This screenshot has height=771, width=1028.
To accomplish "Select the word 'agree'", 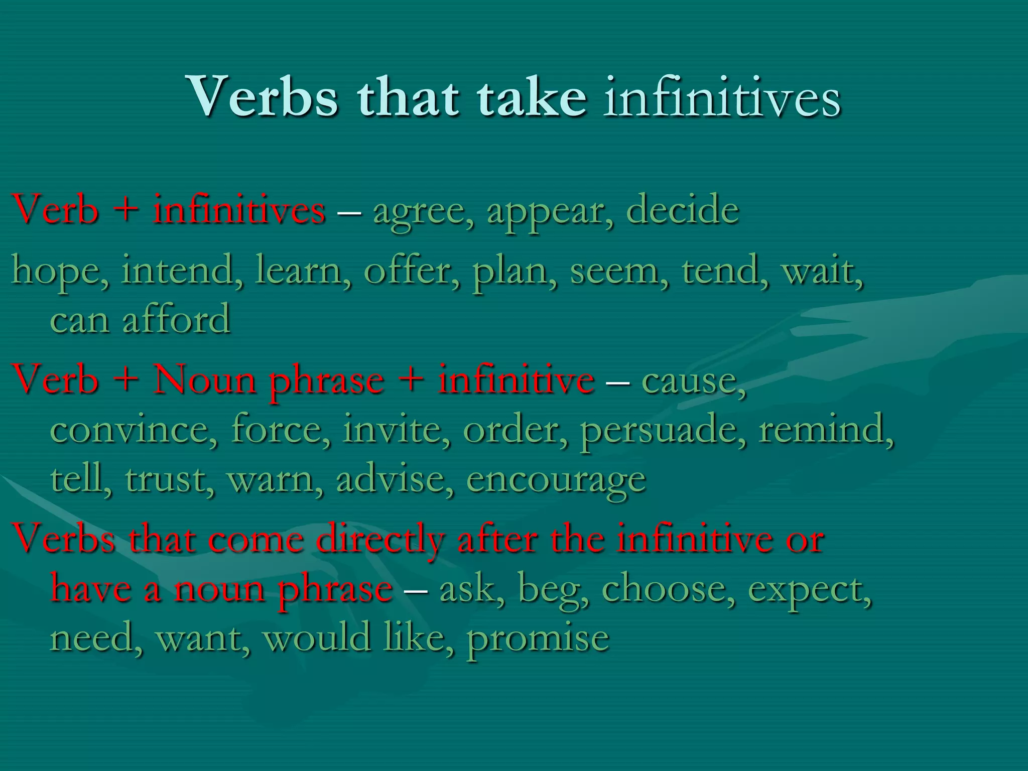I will [421, 211].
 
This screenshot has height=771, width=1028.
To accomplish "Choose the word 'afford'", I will [176, 319].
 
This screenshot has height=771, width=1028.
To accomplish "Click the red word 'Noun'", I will [205, 379].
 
